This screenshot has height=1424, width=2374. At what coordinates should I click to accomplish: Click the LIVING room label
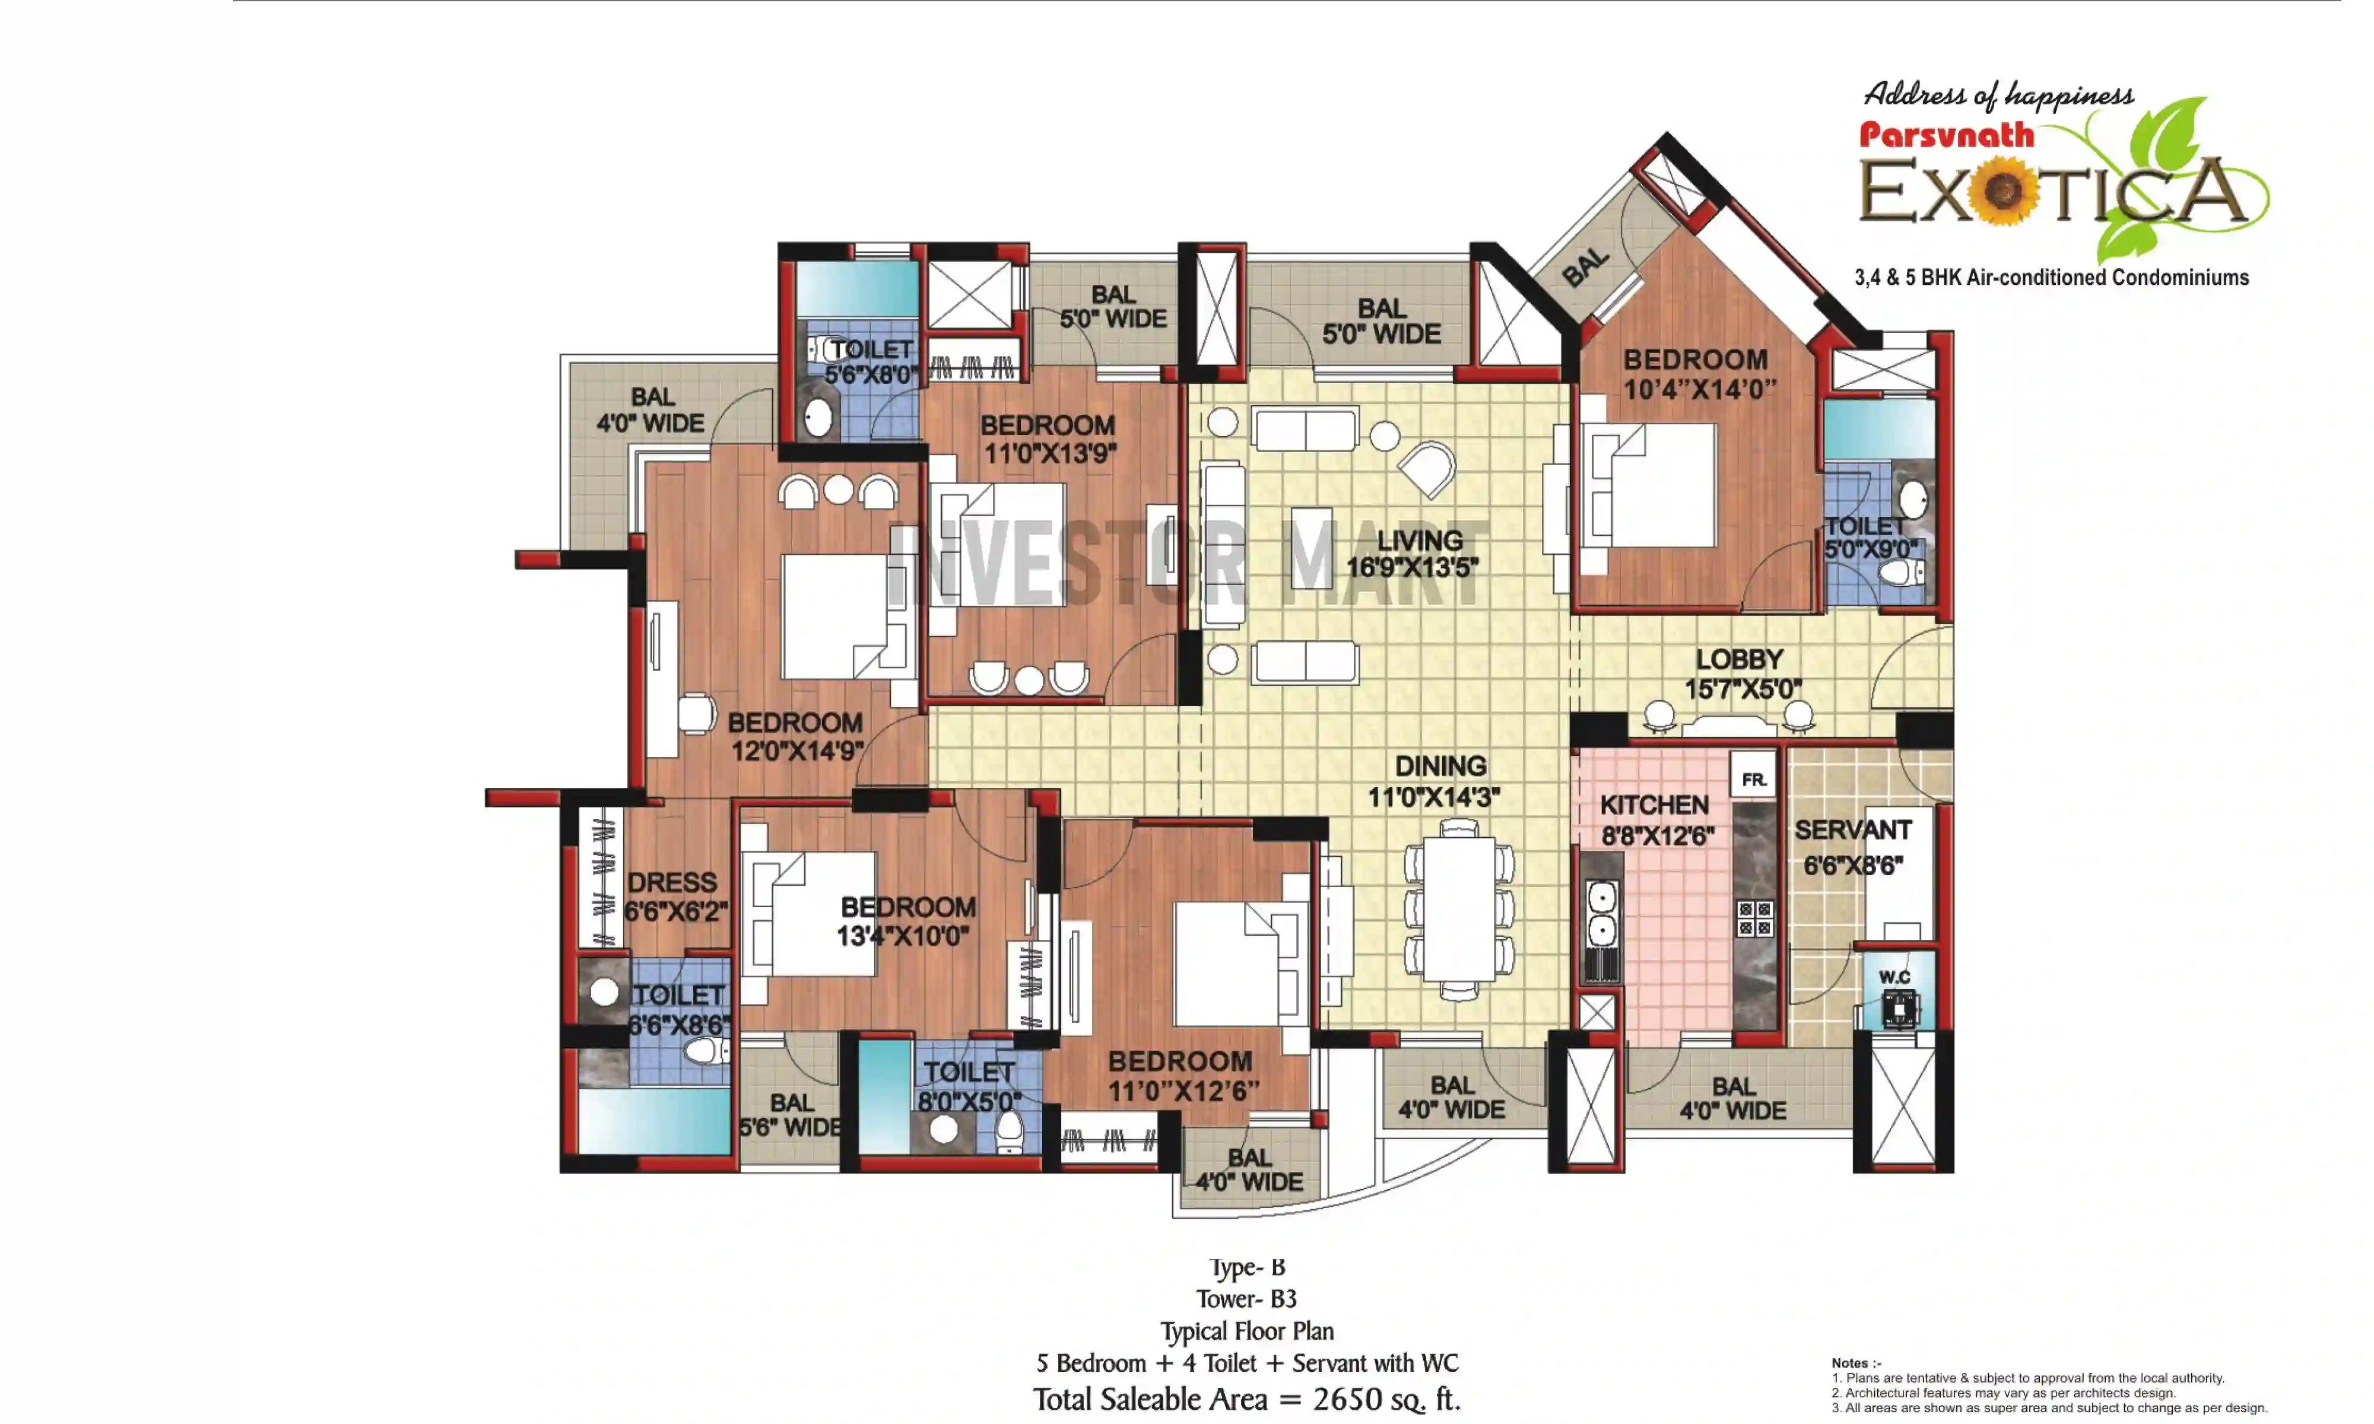(x=1418, y=541)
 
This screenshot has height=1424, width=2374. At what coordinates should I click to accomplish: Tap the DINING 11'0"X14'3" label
(x=1439, y=781)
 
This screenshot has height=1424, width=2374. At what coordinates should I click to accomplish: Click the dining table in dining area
(x=1459, y=908)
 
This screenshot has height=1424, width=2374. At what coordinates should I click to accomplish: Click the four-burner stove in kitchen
(x=1754, y=918)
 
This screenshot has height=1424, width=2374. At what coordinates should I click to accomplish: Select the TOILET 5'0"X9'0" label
(x=1870, y=538)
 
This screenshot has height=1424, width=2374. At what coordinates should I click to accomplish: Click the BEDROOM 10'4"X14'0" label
(x=1697, y=374)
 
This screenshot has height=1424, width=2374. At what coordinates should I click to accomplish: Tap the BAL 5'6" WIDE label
(x=791, y=1115)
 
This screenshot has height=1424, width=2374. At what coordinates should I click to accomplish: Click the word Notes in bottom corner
(x=1850, y=1362)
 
